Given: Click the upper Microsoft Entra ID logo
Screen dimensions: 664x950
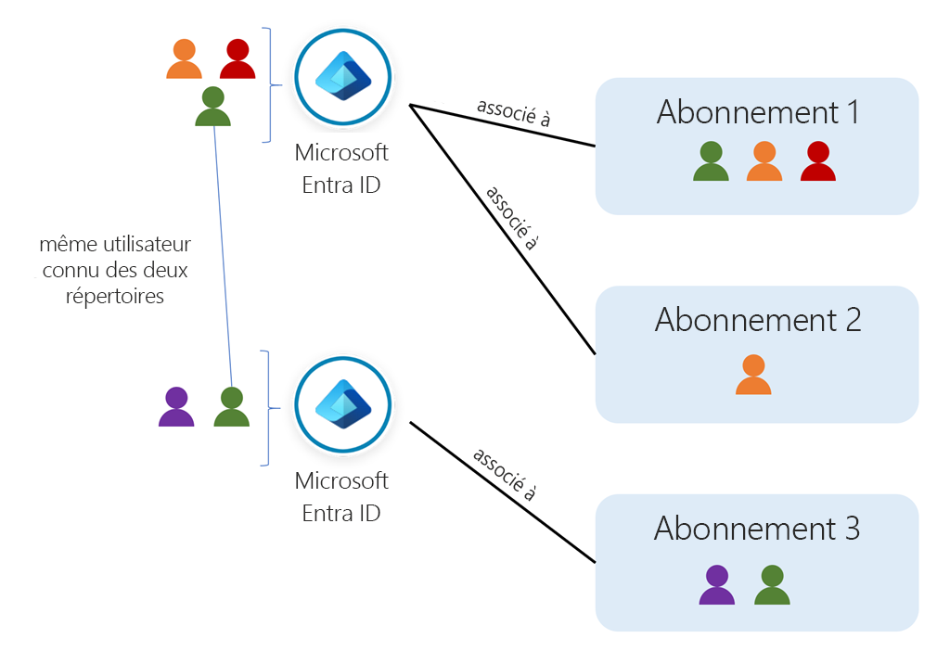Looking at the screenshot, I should tap(343, 77).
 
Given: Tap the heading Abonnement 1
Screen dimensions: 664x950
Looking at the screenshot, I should tap(757, 113).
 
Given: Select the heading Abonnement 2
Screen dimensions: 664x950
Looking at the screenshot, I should tap(757, 320).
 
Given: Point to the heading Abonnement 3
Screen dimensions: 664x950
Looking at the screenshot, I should tap(757, 529).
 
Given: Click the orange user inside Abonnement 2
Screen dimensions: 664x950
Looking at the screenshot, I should tap(753, 375).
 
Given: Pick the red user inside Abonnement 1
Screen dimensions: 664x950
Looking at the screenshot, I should tap(817, 161).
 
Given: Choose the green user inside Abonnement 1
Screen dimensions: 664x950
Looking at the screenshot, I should tap(711, 161).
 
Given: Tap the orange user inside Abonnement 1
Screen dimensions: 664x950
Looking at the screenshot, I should tap(764, 161).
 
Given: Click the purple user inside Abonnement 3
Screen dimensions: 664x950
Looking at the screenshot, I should tap(716, 585).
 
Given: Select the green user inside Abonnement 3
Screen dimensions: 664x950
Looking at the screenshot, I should tap(772, 585).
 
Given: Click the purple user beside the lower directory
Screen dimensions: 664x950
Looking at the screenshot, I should tap(176, 407).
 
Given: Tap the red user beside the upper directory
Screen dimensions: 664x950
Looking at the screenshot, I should tap(237, 59).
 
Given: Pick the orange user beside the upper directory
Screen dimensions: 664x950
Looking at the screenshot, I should tap(184, 59).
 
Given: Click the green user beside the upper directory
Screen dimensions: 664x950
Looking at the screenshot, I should tap(212, 107).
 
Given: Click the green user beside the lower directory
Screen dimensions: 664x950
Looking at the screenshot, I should tap(231, 407).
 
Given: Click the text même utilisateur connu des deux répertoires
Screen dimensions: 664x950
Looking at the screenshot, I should tap(115, 271).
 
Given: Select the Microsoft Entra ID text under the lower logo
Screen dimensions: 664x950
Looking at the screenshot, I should tap(341, 497).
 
